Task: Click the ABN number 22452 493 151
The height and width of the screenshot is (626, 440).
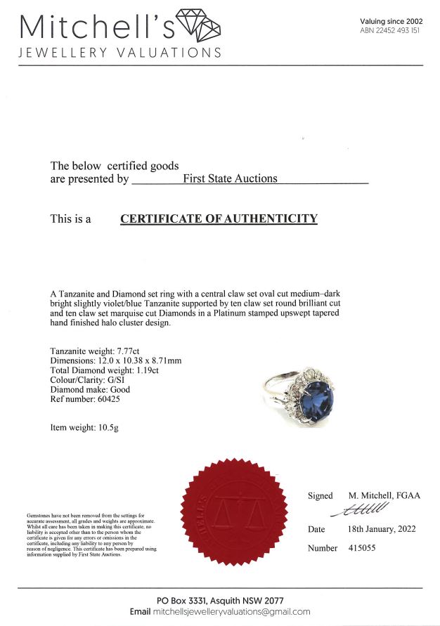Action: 390,31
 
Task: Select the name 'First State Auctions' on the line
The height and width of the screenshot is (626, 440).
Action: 230,178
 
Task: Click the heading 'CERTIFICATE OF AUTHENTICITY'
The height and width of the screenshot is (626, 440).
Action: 219,219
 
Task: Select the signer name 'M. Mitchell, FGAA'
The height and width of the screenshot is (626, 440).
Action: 384,495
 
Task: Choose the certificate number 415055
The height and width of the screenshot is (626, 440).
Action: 361,547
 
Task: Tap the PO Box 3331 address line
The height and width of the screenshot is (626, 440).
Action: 220,600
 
